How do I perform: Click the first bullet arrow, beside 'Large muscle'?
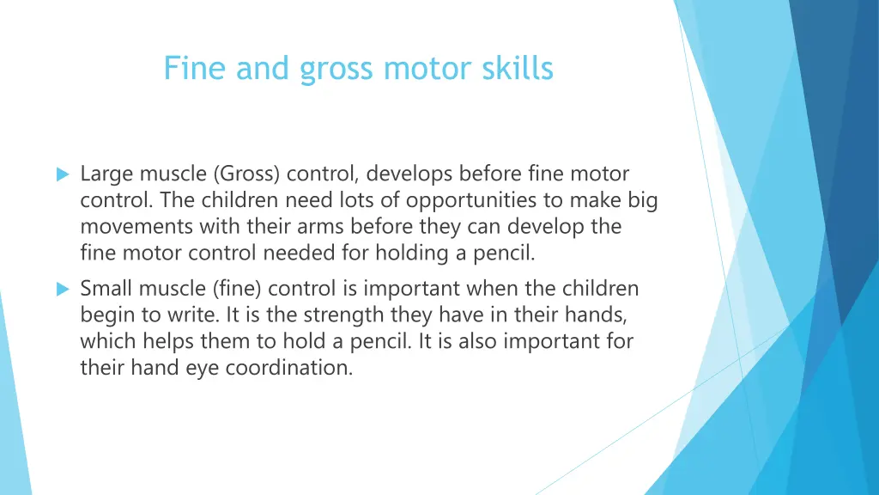coord(62,174)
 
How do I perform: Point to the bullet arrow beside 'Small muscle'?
coord(62,290)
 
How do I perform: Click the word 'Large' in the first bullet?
coord(106,174)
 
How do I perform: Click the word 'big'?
coord(642,202)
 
